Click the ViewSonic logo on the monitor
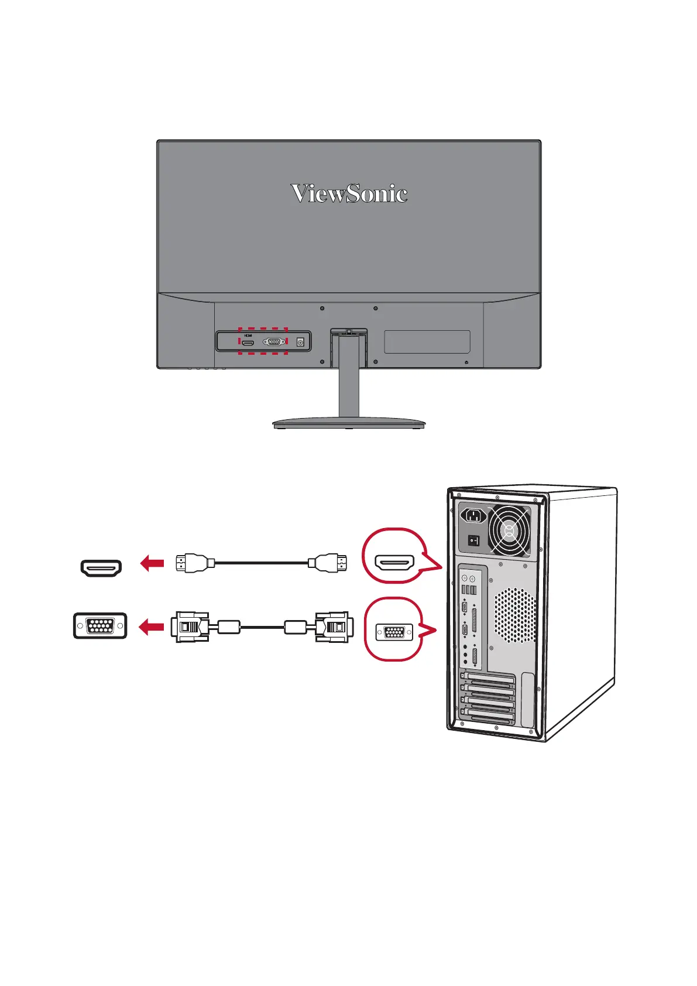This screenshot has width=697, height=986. tap(349, 193)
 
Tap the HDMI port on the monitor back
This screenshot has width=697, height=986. tap(248, 343)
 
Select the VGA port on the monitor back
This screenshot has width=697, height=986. tap(274, 342)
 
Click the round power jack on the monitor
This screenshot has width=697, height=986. tap(301, 342)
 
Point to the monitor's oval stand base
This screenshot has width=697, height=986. tap(349, 422)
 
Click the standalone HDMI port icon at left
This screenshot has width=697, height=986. tap(101, 567)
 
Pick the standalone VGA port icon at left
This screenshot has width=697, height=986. tap(100, 626)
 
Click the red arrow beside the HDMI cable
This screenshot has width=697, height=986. tap(152, 564)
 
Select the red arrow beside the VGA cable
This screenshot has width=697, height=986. tap(151, 627)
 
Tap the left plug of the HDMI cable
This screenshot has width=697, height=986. tap(191, 563)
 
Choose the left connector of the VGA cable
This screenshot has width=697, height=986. tap(190, 626)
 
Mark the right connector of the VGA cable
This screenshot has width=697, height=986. tap(334, 626)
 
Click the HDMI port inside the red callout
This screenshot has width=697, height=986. tap(394, 563)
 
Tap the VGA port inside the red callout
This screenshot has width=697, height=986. tap(394, 632)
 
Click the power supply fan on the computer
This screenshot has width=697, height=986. tap(509, 532)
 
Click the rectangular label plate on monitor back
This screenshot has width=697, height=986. tap(427, 341)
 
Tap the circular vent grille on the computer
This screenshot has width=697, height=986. tap(515, 615)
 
